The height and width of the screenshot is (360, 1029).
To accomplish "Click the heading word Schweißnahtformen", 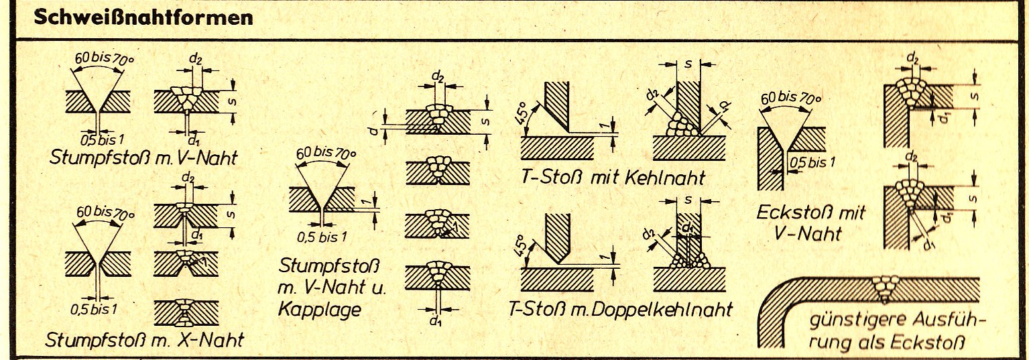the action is (x=143, y=18).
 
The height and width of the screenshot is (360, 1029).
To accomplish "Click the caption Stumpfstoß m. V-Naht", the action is (x=143, y=158).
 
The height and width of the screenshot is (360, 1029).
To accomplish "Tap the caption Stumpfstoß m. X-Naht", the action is (x=144, y=341).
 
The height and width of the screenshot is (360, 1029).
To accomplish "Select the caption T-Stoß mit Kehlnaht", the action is (x=613, y=177).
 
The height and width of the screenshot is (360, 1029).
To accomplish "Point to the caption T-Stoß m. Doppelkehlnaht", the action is (x=619, y=309).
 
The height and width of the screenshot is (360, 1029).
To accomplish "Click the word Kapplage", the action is (x=320, y=310).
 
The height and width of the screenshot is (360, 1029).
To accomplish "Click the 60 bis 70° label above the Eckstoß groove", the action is (x=791, y=99).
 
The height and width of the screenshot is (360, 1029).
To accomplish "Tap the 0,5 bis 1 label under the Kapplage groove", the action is (x=322, y=237).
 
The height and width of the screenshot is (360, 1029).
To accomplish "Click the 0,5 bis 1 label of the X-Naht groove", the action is (x=94, y=309).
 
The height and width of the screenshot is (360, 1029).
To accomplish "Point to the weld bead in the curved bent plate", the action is (x=886, y=289).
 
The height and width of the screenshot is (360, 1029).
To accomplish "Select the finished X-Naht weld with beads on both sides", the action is (x=186, y=313).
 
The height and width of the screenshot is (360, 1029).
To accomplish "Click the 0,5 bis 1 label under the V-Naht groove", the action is (x=102, y=139).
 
